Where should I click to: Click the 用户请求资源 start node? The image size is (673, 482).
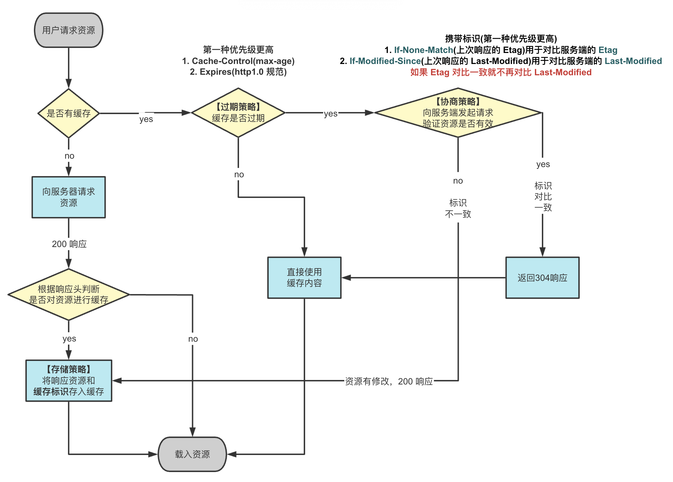68,30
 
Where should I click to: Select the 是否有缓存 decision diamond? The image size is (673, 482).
68,113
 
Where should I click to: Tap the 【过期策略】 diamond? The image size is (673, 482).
238,113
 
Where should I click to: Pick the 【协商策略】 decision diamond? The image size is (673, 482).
458,113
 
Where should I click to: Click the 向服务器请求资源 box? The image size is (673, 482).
68,197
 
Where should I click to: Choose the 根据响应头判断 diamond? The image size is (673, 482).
68,294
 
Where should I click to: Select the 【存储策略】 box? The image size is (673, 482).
68,381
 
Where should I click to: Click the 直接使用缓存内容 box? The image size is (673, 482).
304,277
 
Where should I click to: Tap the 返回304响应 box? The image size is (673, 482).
542,277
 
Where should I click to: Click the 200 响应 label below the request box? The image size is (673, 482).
69,244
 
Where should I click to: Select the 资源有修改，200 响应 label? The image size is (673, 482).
389,381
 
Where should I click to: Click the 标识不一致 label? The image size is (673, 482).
458,208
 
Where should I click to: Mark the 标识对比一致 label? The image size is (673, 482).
543,196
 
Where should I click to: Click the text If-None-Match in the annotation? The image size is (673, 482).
423,50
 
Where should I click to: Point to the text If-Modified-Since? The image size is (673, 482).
385,61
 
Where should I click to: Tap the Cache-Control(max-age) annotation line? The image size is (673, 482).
238,61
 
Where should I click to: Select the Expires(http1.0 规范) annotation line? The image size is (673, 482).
238,72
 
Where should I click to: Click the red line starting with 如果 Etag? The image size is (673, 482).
501,72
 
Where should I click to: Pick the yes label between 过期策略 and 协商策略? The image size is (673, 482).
330,114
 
